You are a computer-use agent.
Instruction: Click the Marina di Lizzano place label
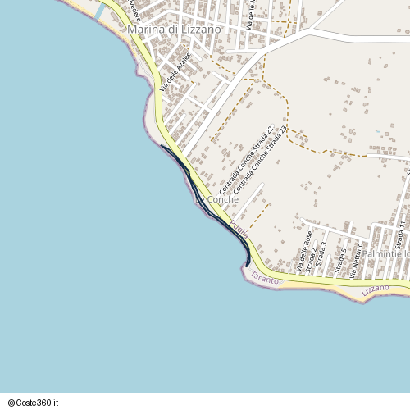coord(175,30)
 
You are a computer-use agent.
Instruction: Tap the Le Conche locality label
coord(217,199)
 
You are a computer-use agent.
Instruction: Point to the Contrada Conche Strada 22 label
coord(245,159)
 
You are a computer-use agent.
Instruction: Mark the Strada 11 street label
coord(400,235)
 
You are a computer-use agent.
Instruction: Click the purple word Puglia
coord(239,226)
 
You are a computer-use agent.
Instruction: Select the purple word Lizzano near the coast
coord(376,290)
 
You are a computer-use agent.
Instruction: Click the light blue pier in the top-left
coord(100,11)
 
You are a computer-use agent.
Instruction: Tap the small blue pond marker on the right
coord(377,132)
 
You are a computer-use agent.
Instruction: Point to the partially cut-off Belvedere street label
coord(132,11)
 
